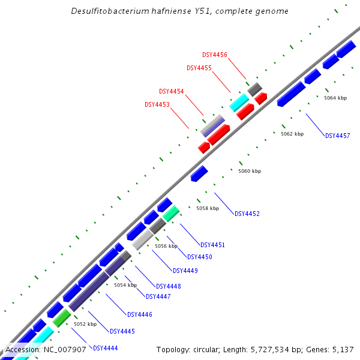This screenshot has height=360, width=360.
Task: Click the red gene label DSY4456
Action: [214, 55]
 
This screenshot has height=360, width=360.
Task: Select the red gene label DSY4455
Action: [199, 68]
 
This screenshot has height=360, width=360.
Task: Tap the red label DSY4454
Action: [172, 91]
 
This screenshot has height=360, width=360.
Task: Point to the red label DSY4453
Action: [157, 104]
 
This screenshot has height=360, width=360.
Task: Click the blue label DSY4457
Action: [337, 136]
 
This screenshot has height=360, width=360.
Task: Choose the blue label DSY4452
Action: [247, 214]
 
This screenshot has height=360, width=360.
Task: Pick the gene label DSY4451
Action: [212, 245]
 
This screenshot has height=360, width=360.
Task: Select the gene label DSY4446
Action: [139, 314]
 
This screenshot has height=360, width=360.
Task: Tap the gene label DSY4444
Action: [105, 348]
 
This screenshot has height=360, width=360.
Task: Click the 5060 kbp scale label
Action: [250, 172]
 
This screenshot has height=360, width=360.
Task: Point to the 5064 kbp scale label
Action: [335, 98]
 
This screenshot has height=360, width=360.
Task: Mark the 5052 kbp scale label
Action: [85, 324]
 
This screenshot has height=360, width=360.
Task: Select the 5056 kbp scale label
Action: [166, 247]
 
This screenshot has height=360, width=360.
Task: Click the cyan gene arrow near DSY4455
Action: [239, 103]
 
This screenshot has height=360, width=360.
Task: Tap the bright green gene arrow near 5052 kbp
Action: [62, 318]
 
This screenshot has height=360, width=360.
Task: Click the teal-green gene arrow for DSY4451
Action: [171, 213]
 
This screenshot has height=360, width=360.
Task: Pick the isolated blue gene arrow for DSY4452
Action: [199, 174]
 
